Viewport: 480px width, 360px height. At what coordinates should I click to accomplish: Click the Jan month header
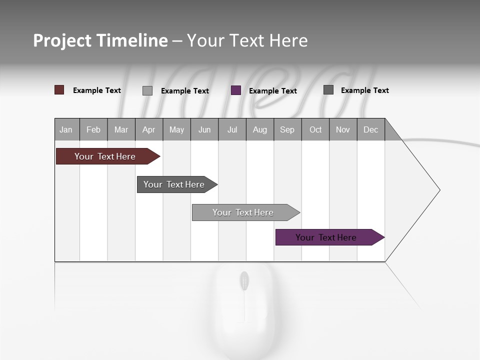coord(66,129)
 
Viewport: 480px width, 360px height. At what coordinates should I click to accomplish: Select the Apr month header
coord(149,129)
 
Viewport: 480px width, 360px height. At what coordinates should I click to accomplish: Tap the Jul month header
coord(232,129)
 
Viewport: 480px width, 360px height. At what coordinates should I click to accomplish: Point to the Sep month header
coord(287,129)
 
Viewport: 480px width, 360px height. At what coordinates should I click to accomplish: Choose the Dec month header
coord(371,129)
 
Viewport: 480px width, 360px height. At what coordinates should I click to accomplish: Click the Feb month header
coord(93,129)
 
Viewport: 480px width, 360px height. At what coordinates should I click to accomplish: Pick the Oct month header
coord(315,129)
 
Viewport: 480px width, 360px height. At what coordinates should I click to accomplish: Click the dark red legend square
coord(59,90)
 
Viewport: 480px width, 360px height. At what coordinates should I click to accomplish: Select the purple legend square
coord(236,90)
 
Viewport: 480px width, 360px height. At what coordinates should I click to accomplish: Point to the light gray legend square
coord(147,90)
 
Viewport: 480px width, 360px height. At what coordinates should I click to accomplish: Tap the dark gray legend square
coord(328,89)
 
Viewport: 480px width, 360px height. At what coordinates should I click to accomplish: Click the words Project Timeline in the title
coord(100,40)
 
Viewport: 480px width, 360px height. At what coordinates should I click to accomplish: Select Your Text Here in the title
coord(247,40)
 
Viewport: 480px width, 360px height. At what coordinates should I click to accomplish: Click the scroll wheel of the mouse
coord(244,280)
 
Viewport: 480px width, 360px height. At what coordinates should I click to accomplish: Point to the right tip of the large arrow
coord(439,190)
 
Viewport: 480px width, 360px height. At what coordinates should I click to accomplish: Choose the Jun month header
coord(204,129)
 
